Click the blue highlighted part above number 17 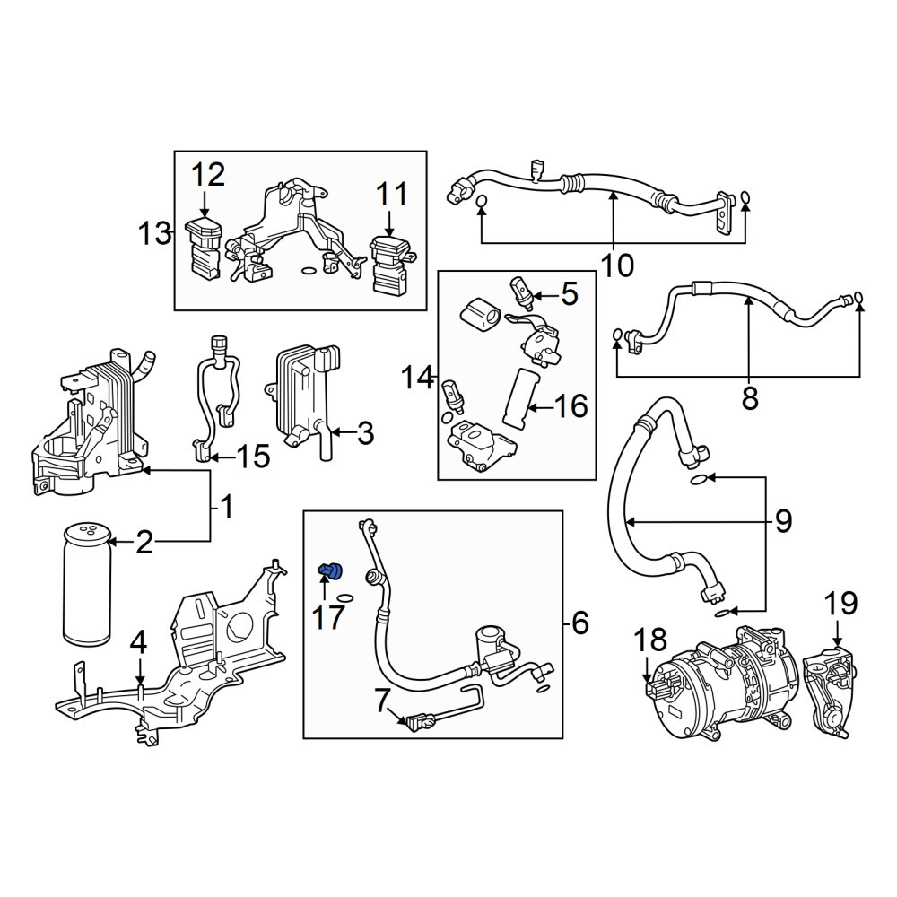click(330, 570)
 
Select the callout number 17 click(328, 617)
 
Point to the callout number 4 click(138, 643)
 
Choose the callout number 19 click(840, 604)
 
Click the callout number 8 click(749, 398)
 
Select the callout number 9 click(782, 520)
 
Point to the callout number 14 click(418, 378)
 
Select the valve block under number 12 click(205, 250)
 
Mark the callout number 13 click(154, 233)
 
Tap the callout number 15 click(253, 457)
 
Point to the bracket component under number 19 click(828, 692)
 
